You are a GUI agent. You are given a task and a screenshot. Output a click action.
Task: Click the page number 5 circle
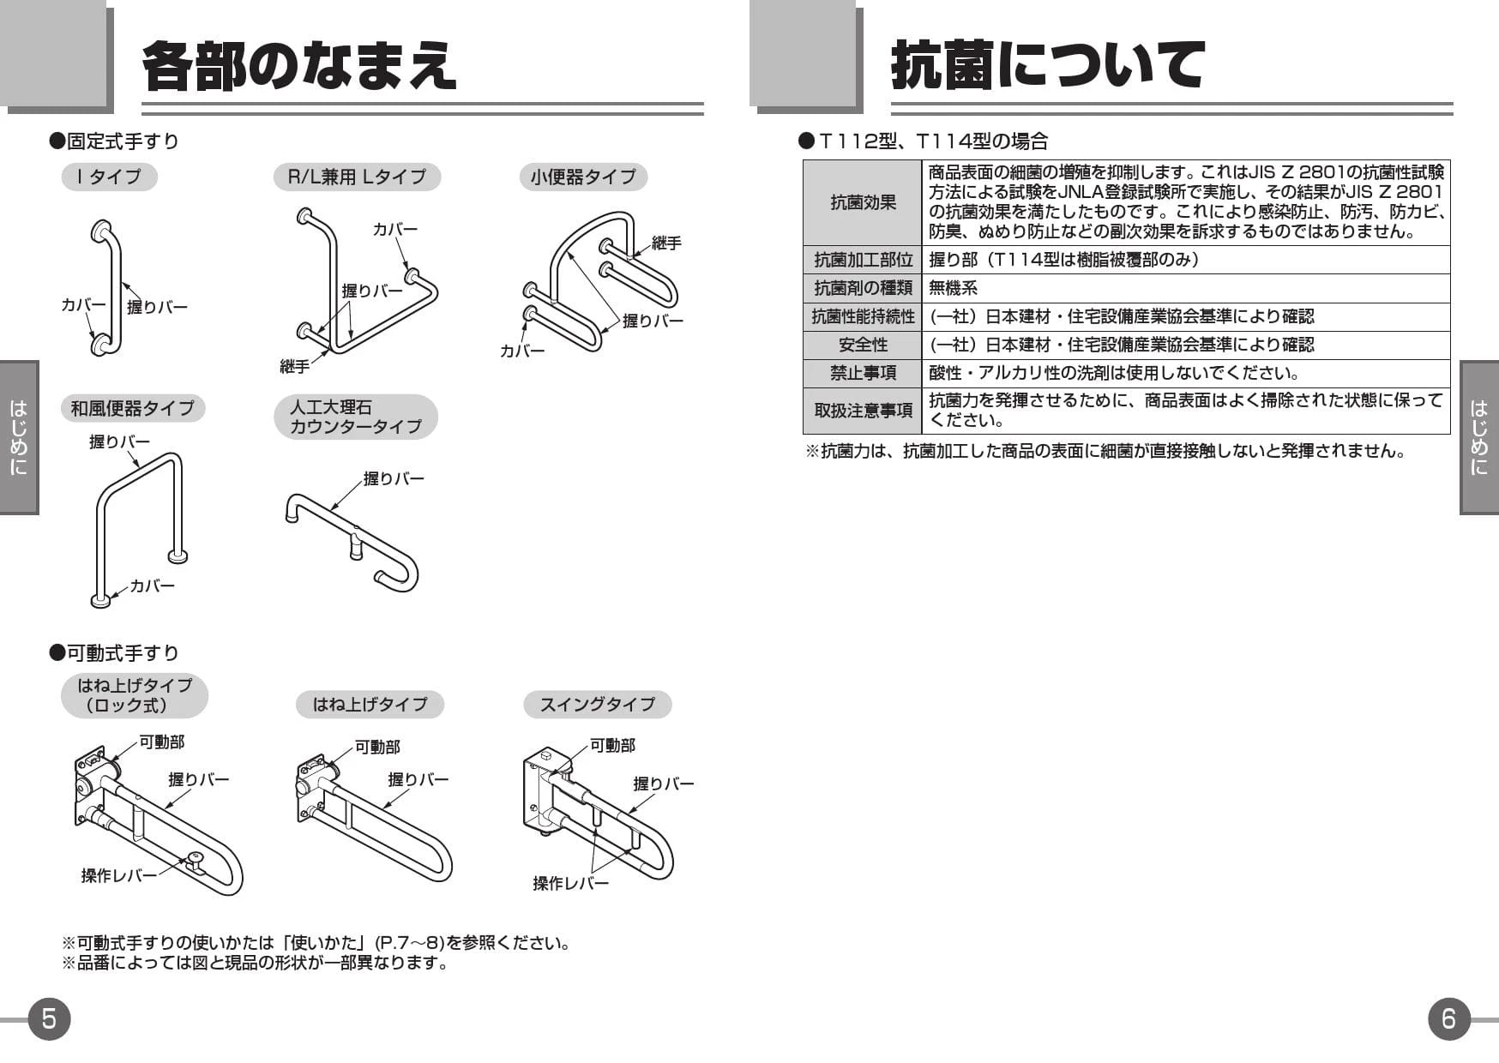click(49, 1018)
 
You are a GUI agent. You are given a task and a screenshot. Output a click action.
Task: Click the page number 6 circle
click(1449, 1018)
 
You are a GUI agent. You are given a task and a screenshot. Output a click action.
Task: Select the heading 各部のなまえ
click(299, 65)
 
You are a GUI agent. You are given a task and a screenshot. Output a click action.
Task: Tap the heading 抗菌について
click(1048, 65)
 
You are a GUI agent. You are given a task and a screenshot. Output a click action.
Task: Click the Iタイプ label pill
click(109, 177)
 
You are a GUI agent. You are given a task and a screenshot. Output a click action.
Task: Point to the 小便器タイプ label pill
click(583, 177)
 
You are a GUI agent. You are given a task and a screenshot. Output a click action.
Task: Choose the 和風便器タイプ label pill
click(133, 408)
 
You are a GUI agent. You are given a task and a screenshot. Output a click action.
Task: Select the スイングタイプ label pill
click(597, 705)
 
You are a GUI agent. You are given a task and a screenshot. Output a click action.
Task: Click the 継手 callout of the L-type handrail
click(294, 367)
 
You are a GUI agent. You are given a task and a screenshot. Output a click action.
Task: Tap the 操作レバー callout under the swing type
click(570, 883)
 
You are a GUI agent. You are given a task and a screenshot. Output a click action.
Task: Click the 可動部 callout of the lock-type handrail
click(162, 742)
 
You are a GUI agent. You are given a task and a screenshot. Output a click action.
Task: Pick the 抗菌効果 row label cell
click(863, 203)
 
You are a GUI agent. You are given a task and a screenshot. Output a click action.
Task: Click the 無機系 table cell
click(953, 288)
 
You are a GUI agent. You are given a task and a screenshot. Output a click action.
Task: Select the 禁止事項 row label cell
click(863, 373)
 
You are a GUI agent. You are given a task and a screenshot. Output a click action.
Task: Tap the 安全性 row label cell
click(863, 345)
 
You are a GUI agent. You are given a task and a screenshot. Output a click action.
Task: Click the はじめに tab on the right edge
click(1479, 437)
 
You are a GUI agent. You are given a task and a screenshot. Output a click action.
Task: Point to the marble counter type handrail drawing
click(352, 540)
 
